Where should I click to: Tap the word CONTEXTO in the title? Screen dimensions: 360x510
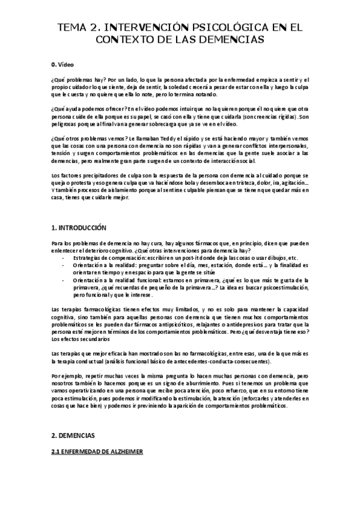(x=125, y=40)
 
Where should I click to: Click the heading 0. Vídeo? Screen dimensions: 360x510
(x=63, y=64)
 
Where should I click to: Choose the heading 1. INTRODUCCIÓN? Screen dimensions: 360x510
(x=78, y=228)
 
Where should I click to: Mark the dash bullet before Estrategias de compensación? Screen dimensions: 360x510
(x=64, y=256)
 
